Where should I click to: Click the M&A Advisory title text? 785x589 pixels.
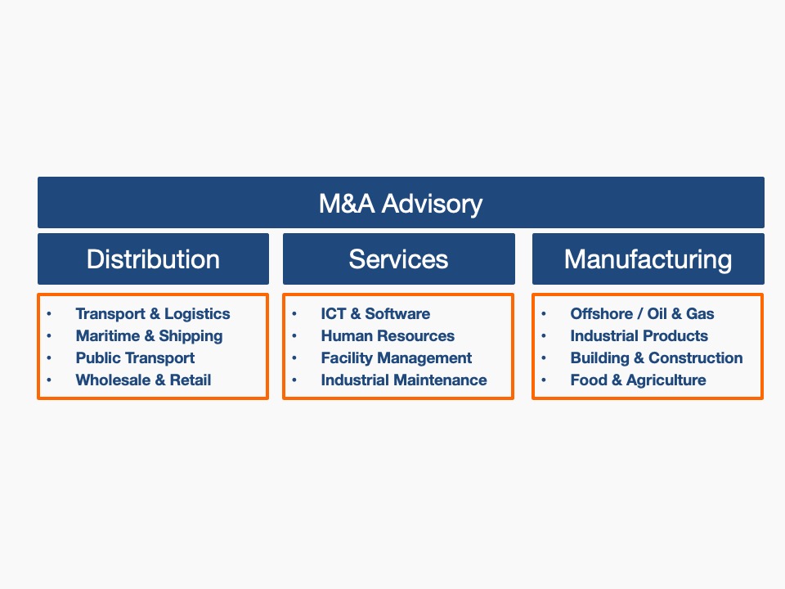[x=401, y=204]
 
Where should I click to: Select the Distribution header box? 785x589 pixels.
[x=153, y=259]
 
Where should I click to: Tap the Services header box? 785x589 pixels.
[x=398, y=259]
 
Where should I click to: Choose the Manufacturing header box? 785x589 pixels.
[x=648, y=259]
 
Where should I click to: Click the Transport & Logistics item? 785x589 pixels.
[x=153, y=314]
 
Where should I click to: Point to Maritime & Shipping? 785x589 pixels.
[x=149, y=336]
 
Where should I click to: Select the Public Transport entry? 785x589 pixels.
[x=135, y=358]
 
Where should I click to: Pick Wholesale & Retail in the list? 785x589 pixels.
[x=143, y=380]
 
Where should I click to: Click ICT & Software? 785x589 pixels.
[x=375, y=314]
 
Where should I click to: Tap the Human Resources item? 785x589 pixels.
[x=388, y=336]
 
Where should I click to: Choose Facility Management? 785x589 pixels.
[x=396, y=358]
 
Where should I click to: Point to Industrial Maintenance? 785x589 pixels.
[x=403, y=380]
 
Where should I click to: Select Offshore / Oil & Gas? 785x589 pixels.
[x=642, y=314]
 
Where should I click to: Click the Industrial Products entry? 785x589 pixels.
[x=639, y=336]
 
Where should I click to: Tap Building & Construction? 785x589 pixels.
[x=657, y=358]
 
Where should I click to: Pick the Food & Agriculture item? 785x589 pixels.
[x=638, y=380]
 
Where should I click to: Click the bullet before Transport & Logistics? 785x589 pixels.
[x=49, y=314]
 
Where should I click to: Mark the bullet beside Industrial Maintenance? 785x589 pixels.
[x=294, y=380]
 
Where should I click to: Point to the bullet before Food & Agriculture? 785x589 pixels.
[x=544, y=380]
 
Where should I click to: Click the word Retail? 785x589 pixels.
[x=191, y=380]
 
